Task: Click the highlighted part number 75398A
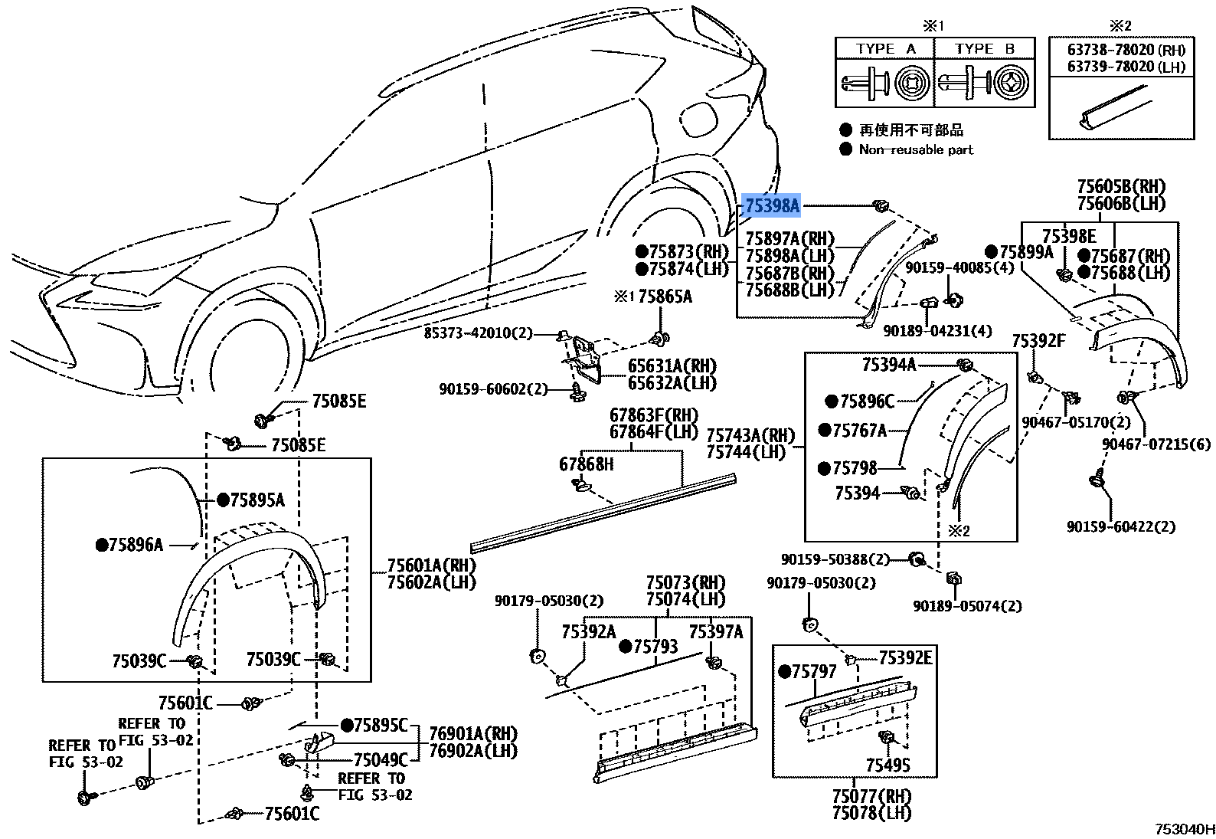click(x=772, y=205)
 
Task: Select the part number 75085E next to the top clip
click(x=338, y=401)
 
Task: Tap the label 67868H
click(x=586, y=464)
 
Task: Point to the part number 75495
click(x=888, y=765)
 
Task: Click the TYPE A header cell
click(x=885, y=48)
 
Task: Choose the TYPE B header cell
click(x=984, y=48)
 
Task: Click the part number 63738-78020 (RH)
click(x=1126, y=51)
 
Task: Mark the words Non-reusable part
click(x=916, y=149)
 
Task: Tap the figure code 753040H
click(x=1185, y=828)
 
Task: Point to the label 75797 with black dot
click(x=815, y=671)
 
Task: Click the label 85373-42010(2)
click(x=479, y=333)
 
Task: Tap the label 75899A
click(x=1025, y=251)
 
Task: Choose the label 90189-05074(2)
click(x=966, y=606)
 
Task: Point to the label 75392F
click(x=1038, y=341)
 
